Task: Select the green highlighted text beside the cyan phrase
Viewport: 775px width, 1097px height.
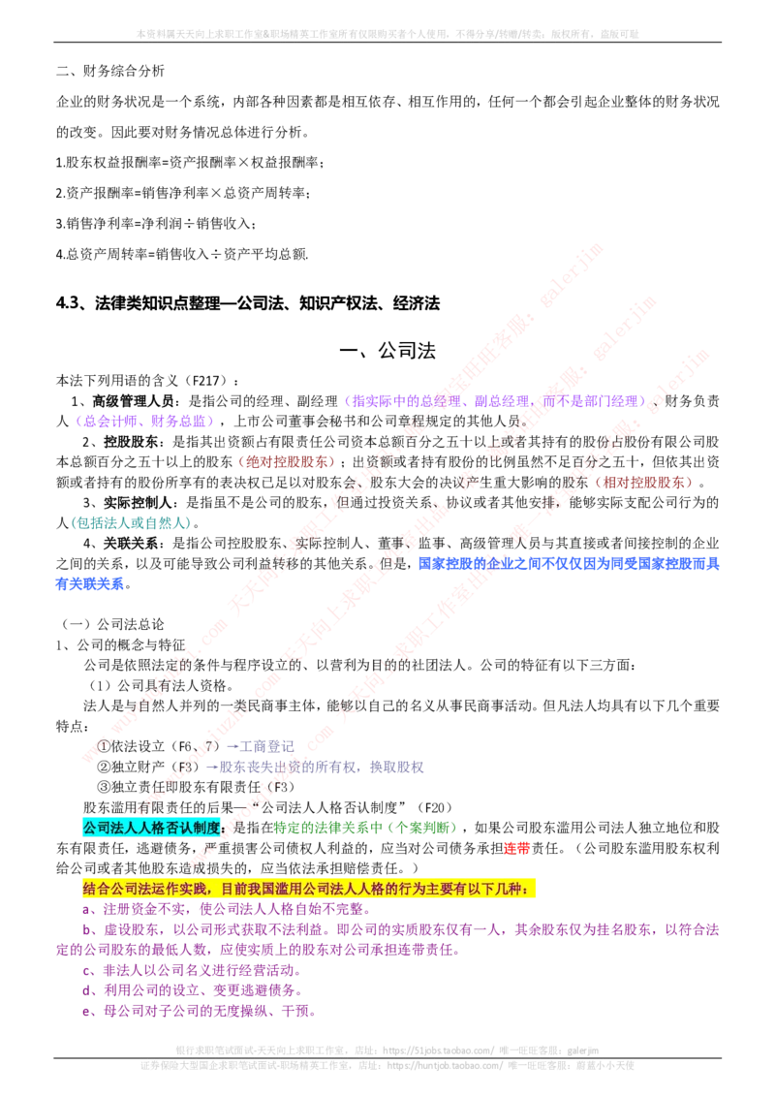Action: (x=363, y=828)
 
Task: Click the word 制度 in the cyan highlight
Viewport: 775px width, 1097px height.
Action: (x=207, y=828)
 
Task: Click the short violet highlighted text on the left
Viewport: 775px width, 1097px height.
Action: (x=144, y=422)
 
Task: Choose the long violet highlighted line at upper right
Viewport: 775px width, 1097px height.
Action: (x=493, y=400)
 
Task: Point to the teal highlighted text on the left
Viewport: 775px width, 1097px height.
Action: (x=131, y=523)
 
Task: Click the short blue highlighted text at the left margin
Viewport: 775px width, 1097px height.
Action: (x=89, y=583)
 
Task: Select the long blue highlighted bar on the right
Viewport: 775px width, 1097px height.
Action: (x=570, y=562)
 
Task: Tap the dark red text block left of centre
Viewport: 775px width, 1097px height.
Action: (x=287, y=461)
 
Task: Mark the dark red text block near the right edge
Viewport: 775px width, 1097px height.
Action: (x=644, y=482)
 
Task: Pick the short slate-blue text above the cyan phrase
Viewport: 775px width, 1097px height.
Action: (x=260, y=744)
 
